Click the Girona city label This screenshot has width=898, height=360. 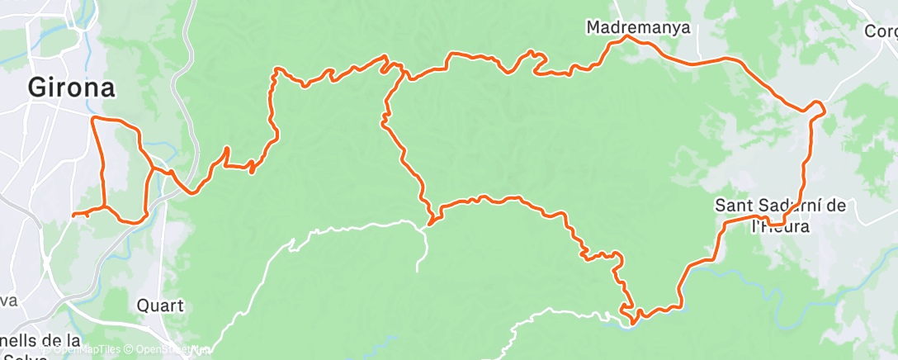point(70,87)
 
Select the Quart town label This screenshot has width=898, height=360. point(160,306)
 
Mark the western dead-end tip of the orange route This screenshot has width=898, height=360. point(73,215)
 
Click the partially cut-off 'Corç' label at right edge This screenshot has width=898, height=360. point(881,31)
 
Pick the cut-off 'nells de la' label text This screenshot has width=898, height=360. point(41,340)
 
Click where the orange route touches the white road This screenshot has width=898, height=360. point(430,221)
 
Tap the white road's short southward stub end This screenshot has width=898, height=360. point(418,269)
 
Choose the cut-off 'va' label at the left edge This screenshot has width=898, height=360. point(10,301)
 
